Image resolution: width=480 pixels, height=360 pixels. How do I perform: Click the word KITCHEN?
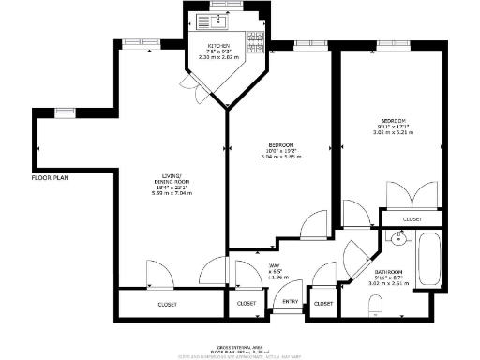click(x=218, y=45)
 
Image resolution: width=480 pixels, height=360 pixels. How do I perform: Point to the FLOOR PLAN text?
click(x=51, y=177)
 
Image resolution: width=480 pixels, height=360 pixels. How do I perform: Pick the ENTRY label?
click(x=291, y=302)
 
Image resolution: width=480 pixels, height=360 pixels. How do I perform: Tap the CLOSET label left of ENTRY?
click(x=247, y=304)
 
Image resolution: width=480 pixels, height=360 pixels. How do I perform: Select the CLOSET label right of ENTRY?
click(x=323, y=304)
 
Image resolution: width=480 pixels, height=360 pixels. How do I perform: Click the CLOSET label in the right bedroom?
click(x=412, y=219)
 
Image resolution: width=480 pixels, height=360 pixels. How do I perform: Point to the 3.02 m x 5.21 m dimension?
click(x=395, y=133)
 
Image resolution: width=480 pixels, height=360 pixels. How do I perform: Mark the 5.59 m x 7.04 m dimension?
click(x=172, y=193)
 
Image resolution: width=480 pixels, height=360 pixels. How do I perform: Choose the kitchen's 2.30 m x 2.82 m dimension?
click(x=218, y=58)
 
